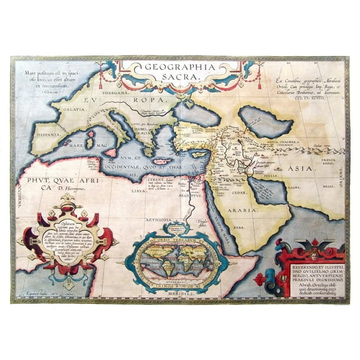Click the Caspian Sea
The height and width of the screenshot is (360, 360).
(x=257, y=117)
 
